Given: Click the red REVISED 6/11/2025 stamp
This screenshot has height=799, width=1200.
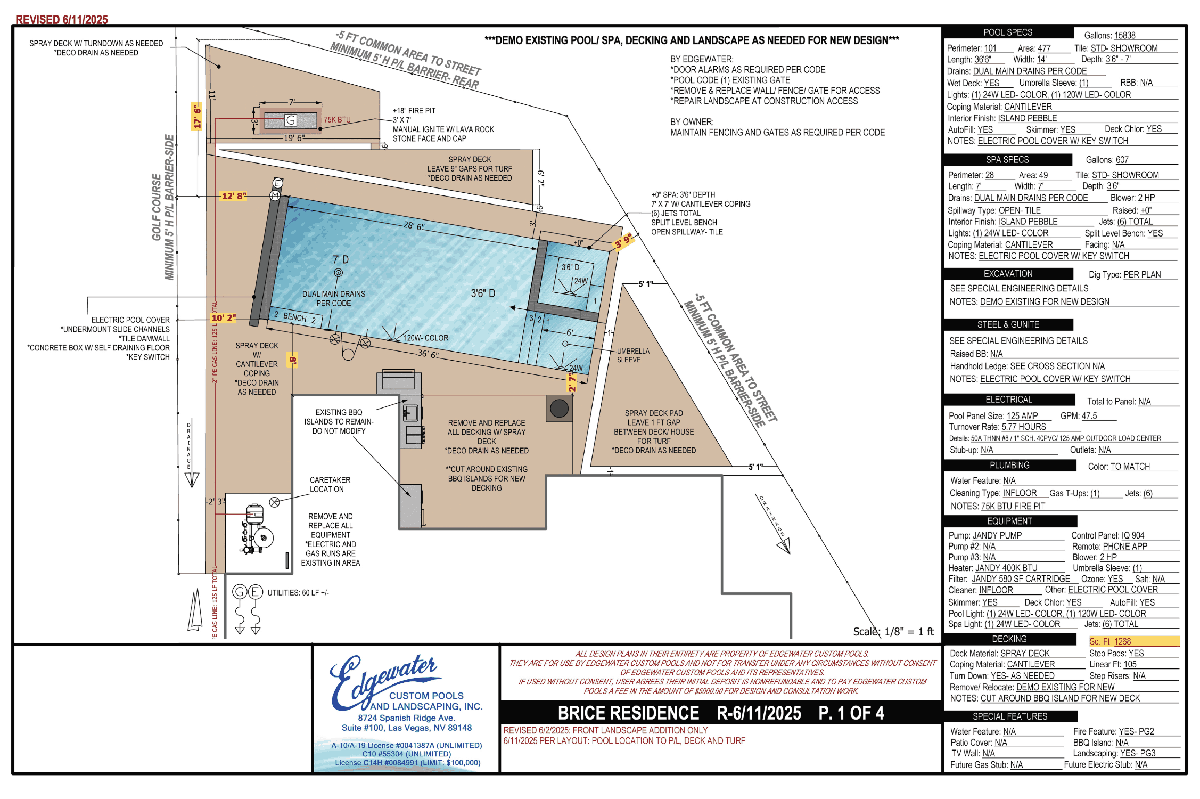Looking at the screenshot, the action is point(62,20).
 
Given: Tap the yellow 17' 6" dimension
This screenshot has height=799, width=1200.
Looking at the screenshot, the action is point(197,116).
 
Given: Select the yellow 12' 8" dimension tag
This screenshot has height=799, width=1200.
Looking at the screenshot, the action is point(234,196).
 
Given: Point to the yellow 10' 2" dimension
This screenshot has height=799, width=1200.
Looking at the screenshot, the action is point(224,318).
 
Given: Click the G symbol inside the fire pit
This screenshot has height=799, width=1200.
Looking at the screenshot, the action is point(291,120).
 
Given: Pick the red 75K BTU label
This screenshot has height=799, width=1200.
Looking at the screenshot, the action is point(338,120).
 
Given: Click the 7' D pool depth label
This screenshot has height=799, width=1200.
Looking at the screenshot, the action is point(341,259).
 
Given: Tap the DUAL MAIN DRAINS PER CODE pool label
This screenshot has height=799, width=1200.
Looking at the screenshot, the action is point(334,298).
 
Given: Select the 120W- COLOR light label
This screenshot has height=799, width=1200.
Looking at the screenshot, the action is point(426,338).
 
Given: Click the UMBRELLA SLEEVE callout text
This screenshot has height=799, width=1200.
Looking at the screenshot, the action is point(633,355).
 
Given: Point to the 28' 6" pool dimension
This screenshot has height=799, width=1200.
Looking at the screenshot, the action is point(414,226).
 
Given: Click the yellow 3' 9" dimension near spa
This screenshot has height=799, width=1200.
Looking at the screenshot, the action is point(623,241).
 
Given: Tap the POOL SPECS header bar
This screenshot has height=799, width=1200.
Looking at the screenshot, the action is point(1008,32).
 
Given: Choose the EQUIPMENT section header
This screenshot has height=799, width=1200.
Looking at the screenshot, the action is point(1010,521).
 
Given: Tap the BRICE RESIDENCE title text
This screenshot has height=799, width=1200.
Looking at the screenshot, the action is point(628,713).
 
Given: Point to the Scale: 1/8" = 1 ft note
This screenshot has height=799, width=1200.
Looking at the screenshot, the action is point(893,632).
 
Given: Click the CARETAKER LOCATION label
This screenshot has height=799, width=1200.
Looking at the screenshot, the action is point(330,485).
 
